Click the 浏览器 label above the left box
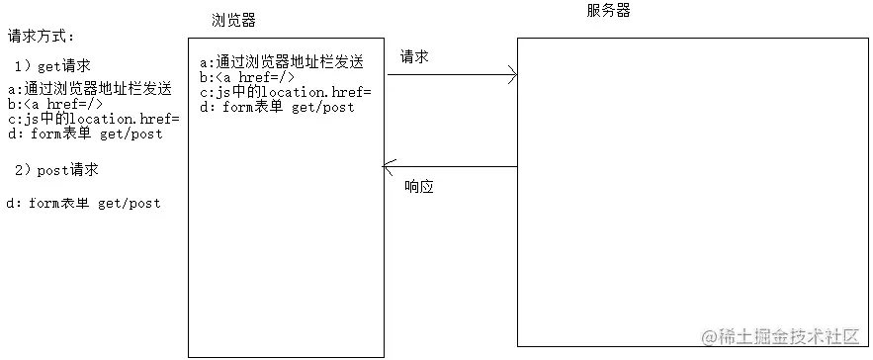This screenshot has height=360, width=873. pos(234,20)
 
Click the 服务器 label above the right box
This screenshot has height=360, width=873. pos(608,11)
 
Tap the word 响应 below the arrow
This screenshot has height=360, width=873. pos(420,187)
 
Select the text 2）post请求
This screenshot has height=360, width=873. pos(57,169)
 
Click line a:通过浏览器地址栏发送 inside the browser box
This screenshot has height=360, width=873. pos(281,61)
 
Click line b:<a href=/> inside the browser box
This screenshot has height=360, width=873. pos(247,77)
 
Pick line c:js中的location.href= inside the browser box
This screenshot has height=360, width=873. pos(285,92)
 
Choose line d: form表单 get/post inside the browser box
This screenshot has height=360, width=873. pos(277,107)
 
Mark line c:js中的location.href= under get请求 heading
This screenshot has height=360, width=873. pos(93,120)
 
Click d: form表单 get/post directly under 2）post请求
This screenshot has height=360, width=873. pos(83,203)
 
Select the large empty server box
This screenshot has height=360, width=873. pos(692,188)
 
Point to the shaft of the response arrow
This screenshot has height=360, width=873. pos(455,167)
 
